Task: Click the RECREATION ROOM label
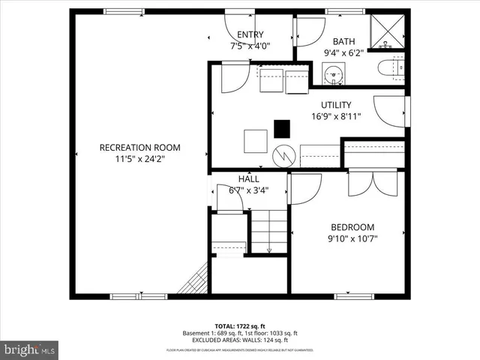tap(139, 148)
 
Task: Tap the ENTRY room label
tap(250, 34)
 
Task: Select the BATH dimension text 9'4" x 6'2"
tap(343, 52)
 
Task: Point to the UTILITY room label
tap(336, 105)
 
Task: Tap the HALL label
tap(248, 179)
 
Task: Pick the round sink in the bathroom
tap(333, 73)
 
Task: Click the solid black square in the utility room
tap(282, 129)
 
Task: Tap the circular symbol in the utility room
tap(283, 156)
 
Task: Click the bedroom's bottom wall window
tap(354, 295)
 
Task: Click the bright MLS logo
tap(28, 349)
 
